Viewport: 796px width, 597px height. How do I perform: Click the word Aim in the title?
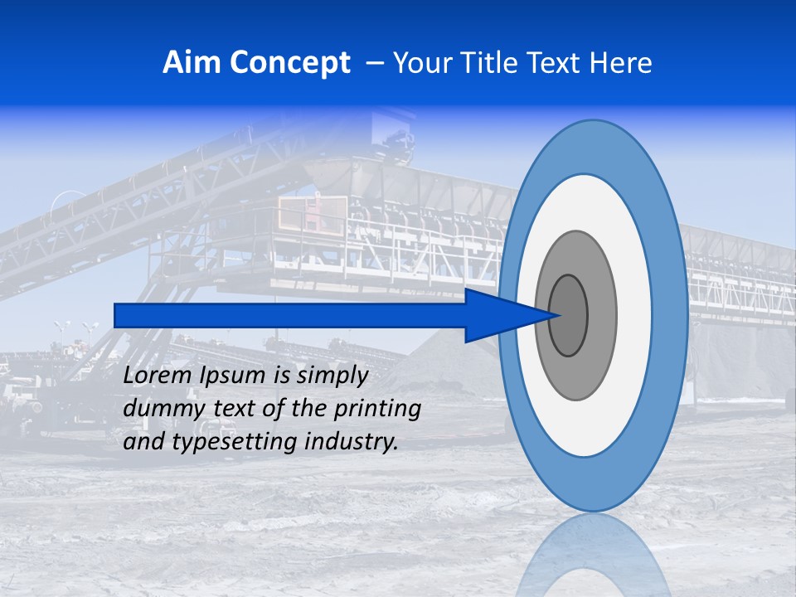190,63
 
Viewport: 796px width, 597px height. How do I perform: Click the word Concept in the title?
288,63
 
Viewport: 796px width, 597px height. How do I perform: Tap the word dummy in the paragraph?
156,409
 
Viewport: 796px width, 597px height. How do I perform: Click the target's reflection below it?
593,556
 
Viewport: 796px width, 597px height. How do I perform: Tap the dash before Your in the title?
374,63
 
